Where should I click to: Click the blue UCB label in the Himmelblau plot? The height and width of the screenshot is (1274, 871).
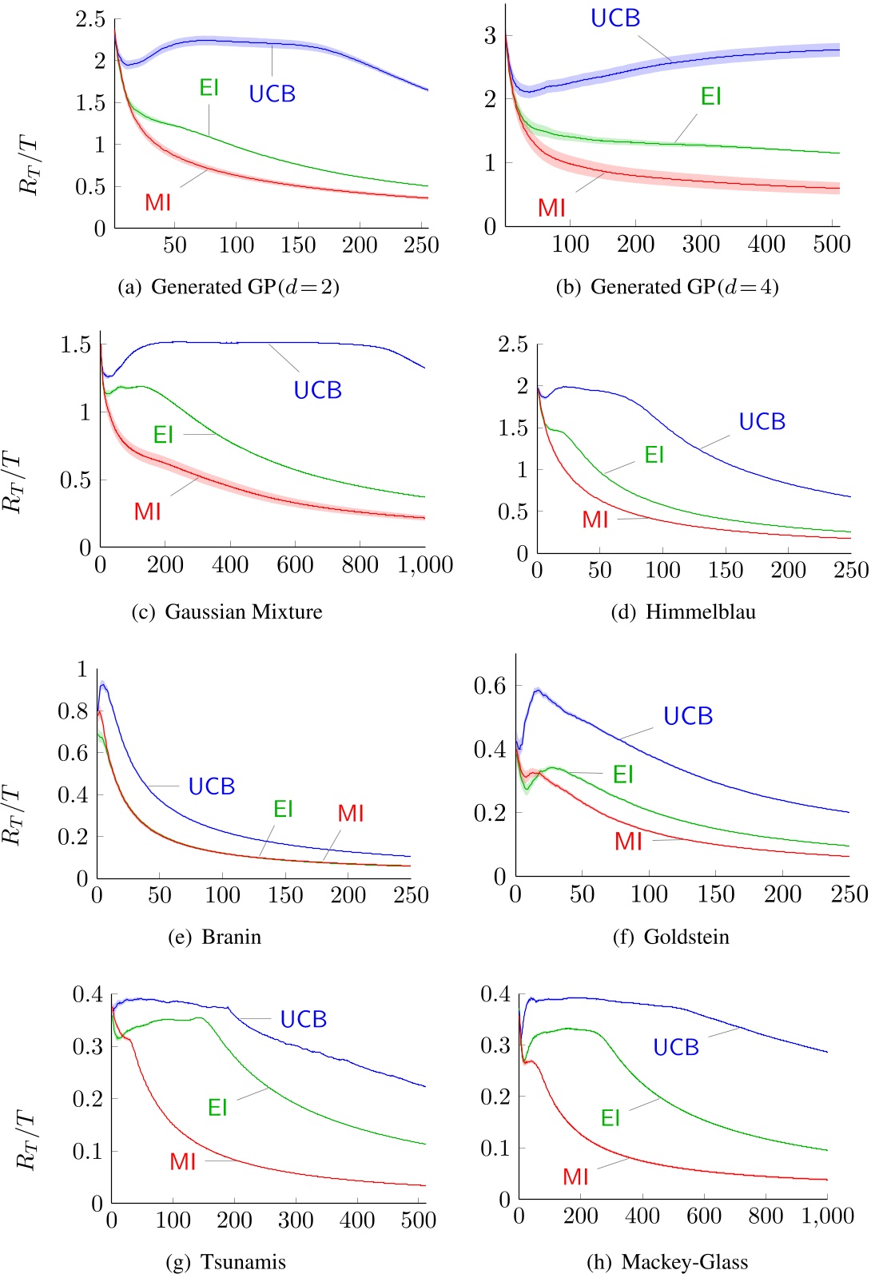tap(762, 422)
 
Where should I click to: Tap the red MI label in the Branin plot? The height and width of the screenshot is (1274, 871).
tap(351, 814)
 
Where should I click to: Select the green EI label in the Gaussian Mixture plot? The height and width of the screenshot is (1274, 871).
tap(163, 435)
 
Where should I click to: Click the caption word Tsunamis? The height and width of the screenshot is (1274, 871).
tap(243, 1262)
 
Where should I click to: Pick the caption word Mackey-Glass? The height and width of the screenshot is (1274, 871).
tap(685, 1262)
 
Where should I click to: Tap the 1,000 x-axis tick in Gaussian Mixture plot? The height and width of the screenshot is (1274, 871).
tap(425, 566)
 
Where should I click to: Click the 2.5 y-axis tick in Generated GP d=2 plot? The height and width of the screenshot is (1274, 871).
tap(90, 19)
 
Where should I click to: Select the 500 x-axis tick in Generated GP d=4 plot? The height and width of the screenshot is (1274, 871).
tap(831, 245)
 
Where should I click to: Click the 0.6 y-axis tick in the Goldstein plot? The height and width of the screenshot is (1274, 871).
tap(490, 686)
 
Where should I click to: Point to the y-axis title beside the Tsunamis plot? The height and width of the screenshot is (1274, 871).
tap(28, 1140)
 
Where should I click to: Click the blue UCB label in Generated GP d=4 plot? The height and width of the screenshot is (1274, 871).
tap(615, 18)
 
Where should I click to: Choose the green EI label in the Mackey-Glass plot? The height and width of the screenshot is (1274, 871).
tap(610, 1118)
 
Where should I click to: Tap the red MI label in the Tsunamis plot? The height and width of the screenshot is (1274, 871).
tap(182, 1162)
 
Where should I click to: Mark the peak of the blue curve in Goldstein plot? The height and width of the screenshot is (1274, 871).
tap(539, 690)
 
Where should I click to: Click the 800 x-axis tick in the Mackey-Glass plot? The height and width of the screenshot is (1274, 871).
tap(766, 1216)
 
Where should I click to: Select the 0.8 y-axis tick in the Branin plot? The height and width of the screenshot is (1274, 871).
tap(73, 711)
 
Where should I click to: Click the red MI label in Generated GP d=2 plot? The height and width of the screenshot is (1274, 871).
tap(157, 203)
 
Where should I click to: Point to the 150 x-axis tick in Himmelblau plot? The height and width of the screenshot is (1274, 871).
tap(726, 571)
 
